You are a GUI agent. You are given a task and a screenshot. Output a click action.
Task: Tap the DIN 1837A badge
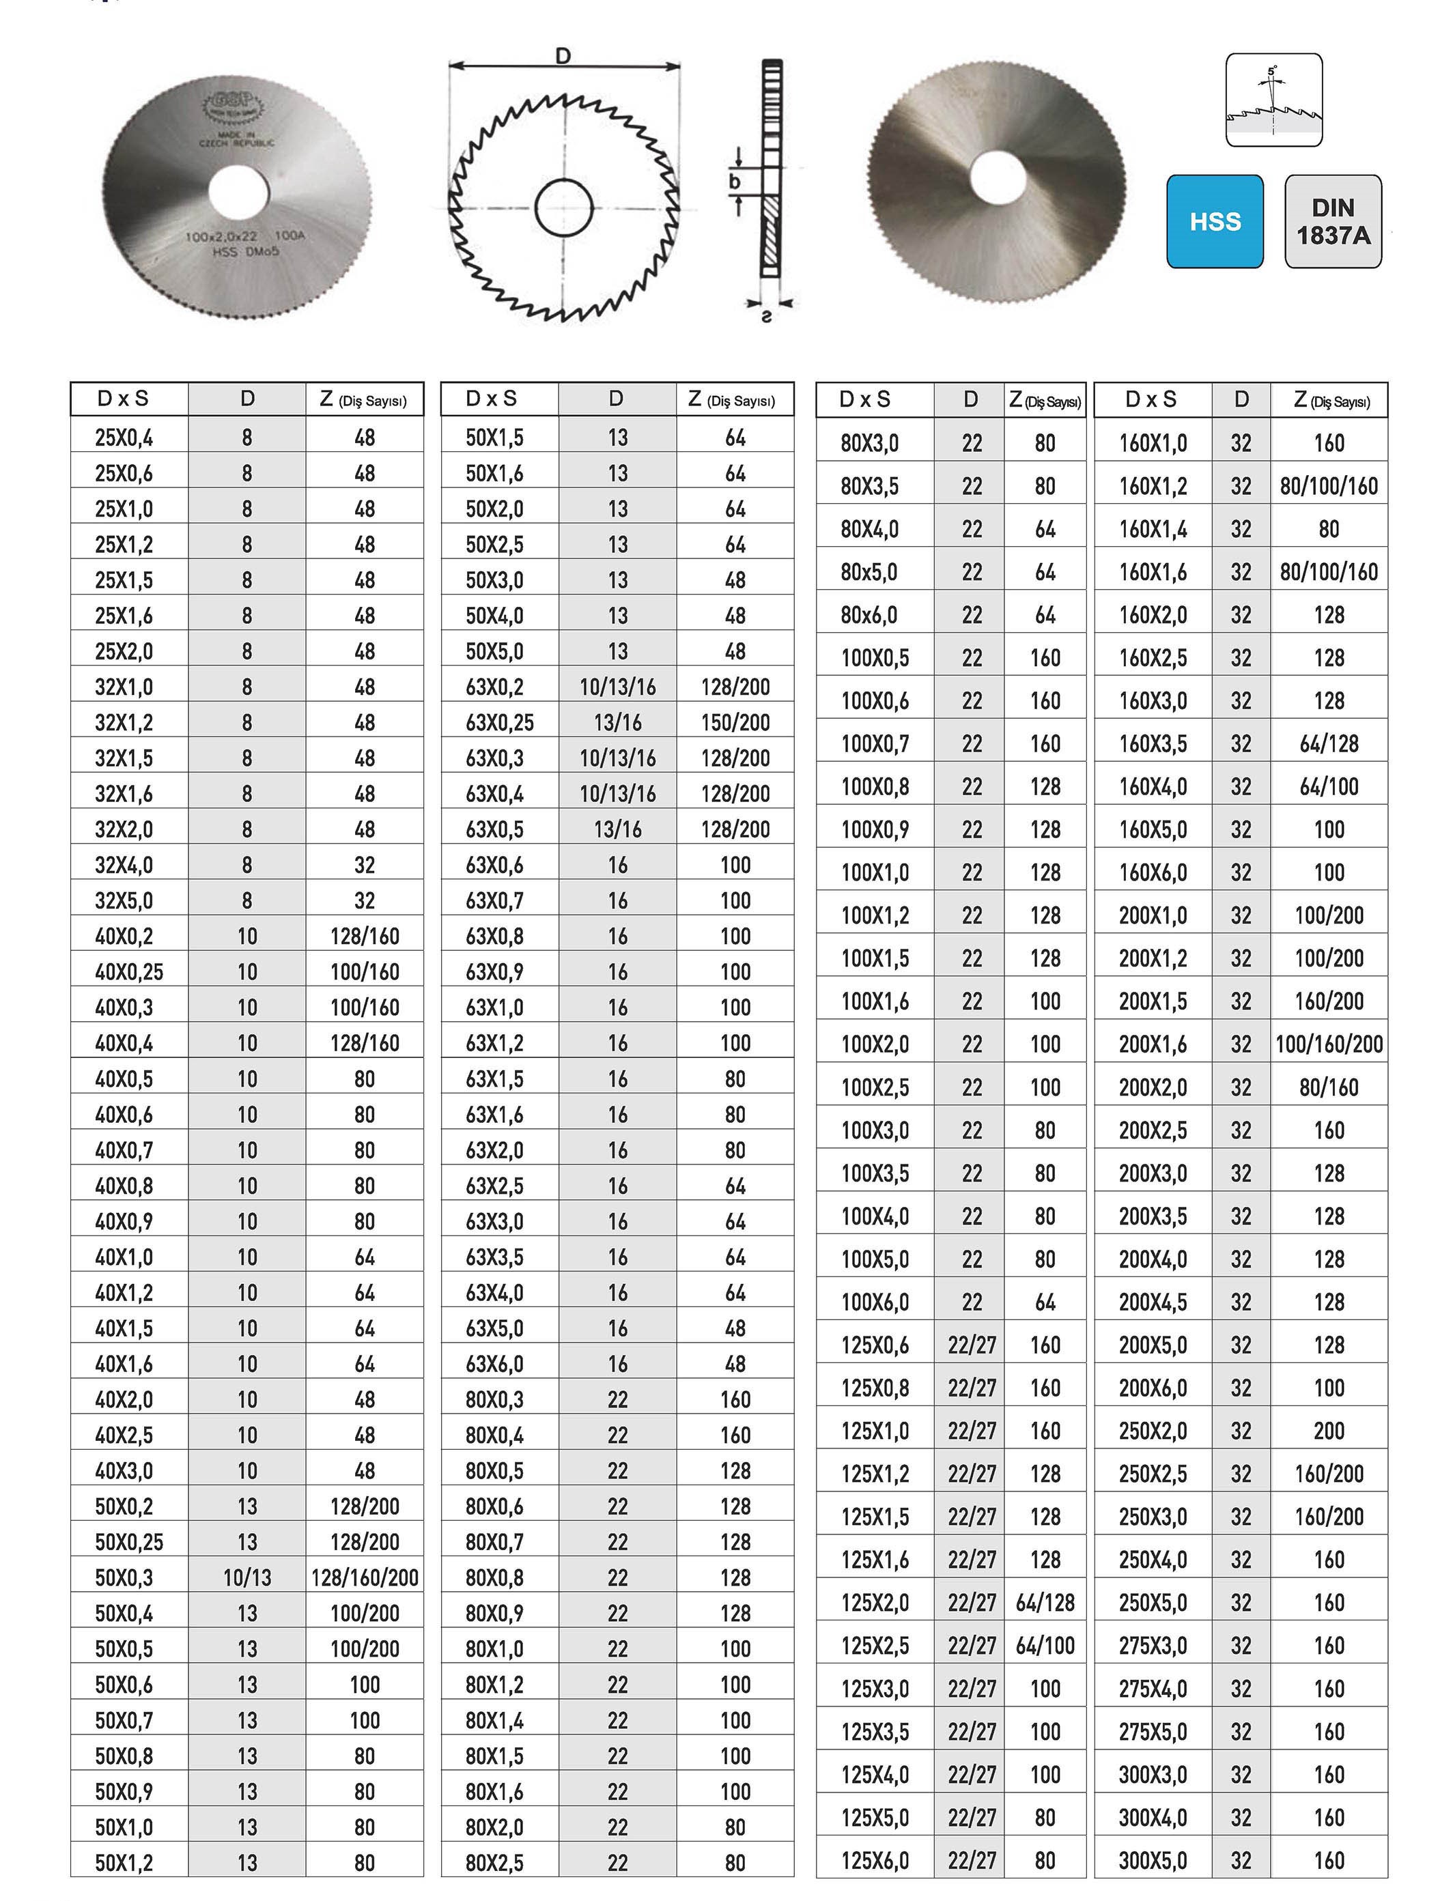(1333, 221)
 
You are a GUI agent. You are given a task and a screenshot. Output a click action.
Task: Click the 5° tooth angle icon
(1273, 100)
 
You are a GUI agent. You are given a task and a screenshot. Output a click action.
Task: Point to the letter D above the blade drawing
(563, 56)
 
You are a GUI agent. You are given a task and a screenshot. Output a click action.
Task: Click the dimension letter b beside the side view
(734, 182)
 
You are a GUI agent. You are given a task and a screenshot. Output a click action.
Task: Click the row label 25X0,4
(124, 438)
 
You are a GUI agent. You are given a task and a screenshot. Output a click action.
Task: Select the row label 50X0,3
(124, 1577)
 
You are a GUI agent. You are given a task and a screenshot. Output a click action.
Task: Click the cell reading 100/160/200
(1329, 1044)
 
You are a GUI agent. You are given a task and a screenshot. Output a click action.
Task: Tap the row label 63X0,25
(499, 723)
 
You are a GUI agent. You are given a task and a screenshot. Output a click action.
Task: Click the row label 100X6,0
(875, 1302)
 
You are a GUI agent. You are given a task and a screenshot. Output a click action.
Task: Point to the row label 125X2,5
(875, 1645)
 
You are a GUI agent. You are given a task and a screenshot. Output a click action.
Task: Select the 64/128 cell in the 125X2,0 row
(1045, 1603)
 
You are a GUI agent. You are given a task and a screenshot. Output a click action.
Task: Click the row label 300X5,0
(1152, 1860)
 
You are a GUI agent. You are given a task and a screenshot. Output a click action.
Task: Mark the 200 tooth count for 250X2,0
(1329, 1431)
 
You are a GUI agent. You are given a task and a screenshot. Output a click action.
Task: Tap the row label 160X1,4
(1152, 529)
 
